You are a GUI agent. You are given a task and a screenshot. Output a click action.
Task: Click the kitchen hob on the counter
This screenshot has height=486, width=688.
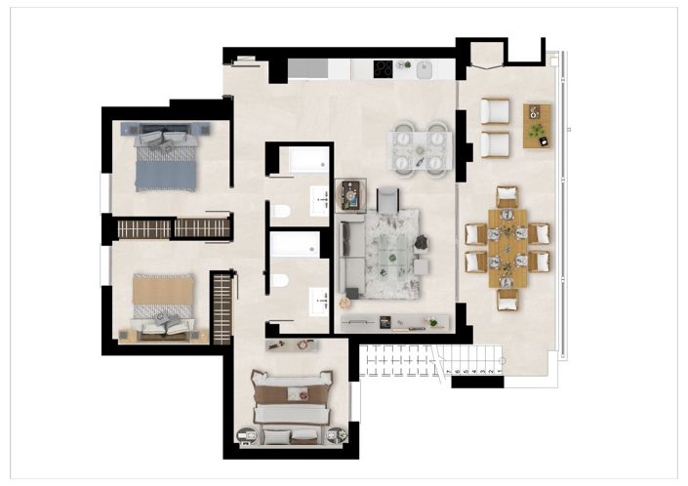coord(384,68)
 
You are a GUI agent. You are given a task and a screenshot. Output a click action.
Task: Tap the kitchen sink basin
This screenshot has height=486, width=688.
coord(425,69)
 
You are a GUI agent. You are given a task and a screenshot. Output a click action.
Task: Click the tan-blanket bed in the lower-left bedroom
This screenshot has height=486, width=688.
coord(164,305)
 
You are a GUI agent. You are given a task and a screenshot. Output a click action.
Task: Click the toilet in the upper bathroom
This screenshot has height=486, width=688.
coord(280,211)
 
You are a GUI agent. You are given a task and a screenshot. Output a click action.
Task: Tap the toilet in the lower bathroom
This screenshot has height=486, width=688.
coord(280,281)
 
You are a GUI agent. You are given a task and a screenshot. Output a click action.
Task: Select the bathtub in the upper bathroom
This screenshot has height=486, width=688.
coord(301,161)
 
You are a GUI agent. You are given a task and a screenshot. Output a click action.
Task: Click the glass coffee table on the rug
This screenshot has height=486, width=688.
coord(392,256)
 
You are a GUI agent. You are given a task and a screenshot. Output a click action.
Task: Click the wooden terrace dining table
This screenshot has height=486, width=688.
coord(507,248)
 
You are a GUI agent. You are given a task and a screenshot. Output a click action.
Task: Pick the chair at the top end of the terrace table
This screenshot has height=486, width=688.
coord(507,196)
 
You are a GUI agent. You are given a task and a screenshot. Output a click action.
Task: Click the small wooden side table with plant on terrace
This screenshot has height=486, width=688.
coord(537,125)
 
